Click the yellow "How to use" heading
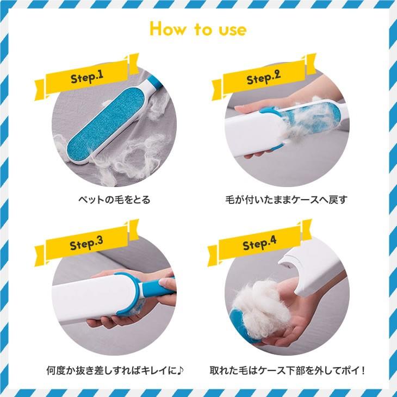click(198, 29)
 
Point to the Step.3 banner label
click(86, 244)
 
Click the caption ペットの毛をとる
click(113, 200)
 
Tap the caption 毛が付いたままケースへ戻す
click(286, 200)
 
